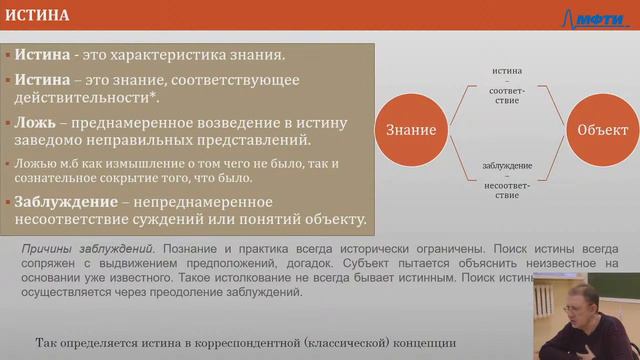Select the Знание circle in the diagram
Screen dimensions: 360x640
coord(408,130)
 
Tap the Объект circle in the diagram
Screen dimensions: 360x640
coord(603,130)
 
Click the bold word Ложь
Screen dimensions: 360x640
coord(37,119)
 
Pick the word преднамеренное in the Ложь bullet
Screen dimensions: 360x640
coord(150,119)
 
